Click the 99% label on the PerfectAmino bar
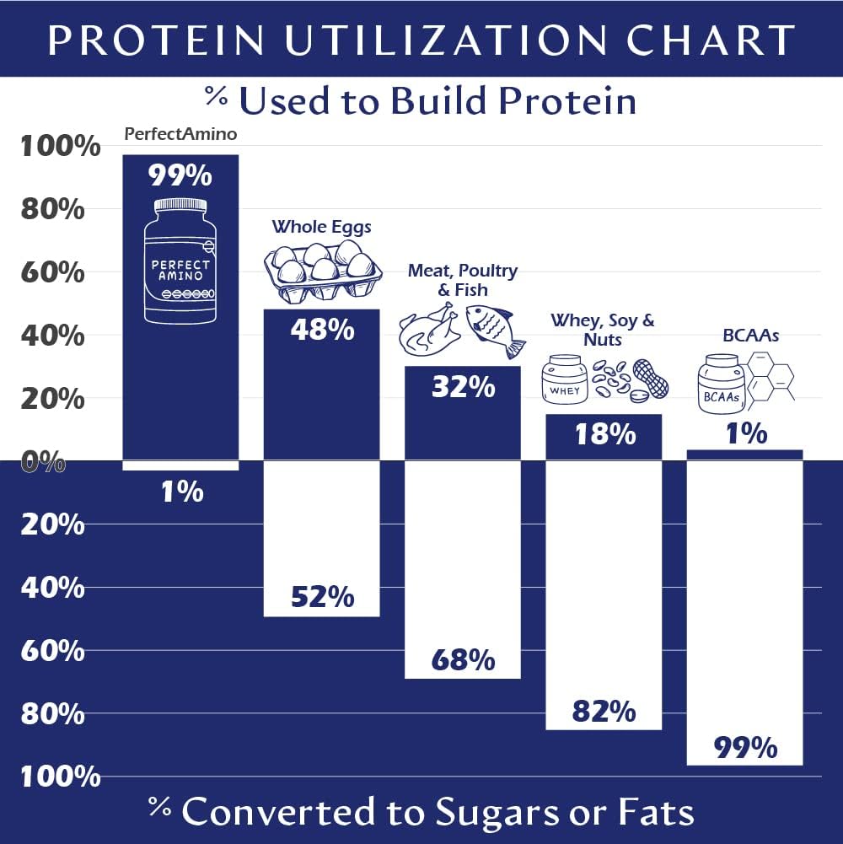180,175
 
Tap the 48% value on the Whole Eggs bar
322,330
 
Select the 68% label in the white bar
463,659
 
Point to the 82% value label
604,712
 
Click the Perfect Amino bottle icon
180,261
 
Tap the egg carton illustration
320,270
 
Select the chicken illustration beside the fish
428,334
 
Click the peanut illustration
650,379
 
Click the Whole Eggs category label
321,226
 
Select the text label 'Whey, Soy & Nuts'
603,330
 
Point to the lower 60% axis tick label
52,651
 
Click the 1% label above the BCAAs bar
745,433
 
